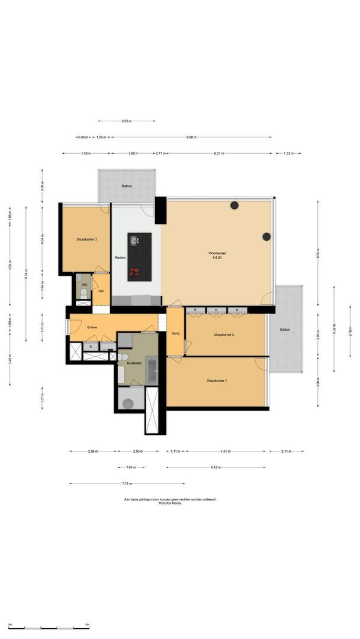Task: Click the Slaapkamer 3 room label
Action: click(86, 240)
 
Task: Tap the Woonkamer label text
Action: click(217, 254)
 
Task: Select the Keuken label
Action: click(120, 257)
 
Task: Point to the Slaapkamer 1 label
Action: click(217, 380)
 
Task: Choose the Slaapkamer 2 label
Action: click(224, 335)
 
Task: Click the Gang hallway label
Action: click(175, 334)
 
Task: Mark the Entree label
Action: click(92, 327)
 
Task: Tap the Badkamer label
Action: click(134, 363)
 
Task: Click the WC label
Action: click(84, 284)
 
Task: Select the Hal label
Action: click(101, 291)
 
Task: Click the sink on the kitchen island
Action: click(134, 240)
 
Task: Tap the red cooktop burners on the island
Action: click(134, 272)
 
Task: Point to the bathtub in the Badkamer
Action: click(152, 372)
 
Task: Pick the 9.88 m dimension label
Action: click(191, 137)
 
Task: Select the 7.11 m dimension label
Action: click(126, 483)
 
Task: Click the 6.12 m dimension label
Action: click(216, 467)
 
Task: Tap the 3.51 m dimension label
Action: click(126, 121)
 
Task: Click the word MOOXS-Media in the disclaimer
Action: click(171, 503)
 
